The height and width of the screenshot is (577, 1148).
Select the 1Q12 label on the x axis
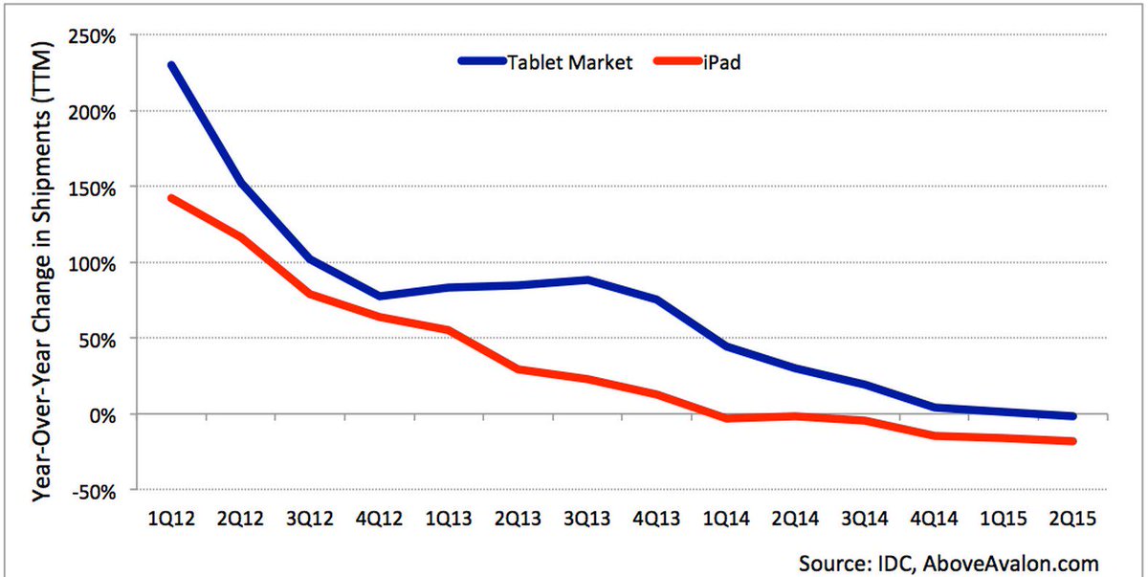tap(171, 518)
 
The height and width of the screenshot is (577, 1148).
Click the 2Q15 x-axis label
tap(1072, 518)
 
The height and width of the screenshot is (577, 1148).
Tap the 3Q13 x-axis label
tap(587, 518)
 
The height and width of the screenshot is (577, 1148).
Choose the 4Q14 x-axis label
tap(934, 518)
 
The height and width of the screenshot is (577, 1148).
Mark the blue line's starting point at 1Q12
tap(171, 65)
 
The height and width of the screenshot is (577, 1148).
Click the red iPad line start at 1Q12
tap(171, 198)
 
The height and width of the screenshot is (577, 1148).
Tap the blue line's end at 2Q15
tap(1072, 416)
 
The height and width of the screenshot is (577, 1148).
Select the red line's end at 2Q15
tap(1072, 441)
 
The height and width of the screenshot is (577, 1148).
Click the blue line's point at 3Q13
tap(587, 279)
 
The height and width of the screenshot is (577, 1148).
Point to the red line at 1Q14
tap(726, 418)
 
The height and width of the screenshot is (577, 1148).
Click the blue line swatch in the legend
tap(491, 62)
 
